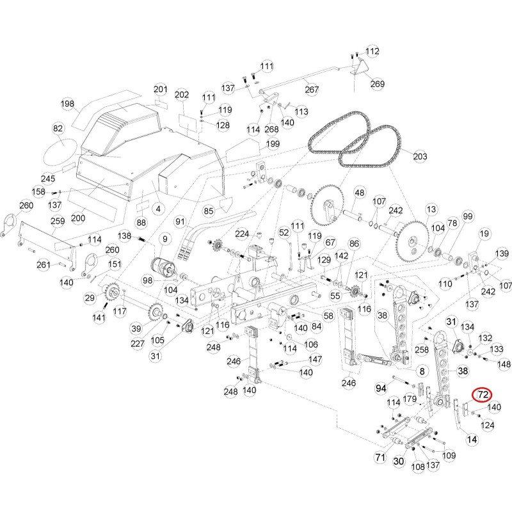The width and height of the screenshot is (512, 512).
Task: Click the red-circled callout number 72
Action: [483, 395]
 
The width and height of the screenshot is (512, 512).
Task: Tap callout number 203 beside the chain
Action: [420, 156]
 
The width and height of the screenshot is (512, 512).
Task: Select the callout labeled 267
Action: [312, 90]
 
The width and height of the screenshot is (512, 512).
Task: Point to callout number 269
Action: [377, 84]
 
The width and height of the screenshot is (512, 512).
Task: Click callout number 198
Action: [67, 104]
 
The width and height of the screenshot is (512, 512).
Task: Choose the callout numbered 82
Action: [58, 129]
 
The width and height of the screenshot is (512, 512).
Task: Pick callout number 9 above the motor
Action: [165, 239]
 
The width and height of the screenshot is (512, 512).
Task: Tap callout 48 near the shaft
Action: [360, 193]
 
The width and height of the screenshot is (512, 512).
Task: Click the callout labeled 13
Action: [431, 209]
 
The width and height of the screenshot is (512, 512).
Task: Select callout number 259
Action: [58, 221]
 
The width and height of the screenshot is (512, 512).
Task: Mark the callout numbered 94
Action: [381, 388]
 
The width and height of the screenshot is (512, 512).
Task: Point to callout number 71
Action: [380, 457]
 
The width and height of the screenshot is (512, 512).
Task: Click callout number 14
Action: [472, 440]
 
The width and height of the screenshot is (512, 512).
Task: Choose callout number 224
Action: [242, 234]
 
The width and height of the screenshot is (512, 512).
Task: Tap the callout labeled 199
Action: [273, 144]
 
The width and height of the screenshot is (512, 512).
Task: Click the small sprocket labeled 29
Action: [111, 291]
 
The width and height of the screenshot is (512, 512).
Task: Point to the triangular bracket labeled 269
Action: [360, 68]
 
